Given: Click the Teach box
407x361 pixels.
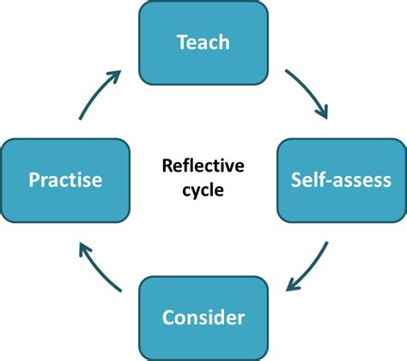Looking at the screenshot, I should [203, 42].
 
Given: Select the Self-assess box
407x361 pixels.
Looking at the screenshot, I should [341, 180].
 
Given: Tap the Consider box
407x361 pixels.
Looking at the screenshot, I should [203, 317].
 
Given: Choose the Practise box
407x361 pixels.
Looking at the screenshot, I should [65, 180].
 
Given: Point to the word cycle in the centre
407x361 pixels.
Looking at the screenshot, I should [203, 190].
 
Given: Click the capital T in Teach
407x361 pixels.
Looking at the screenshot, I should [180, 41].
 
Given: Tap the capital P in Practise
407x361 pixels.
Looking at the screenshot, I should [33, 180].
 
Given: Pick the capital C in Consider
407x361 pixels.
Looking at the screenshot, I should [168, 318].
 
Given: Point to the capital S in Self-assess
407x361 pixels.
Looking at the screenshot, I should [296, 180].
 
